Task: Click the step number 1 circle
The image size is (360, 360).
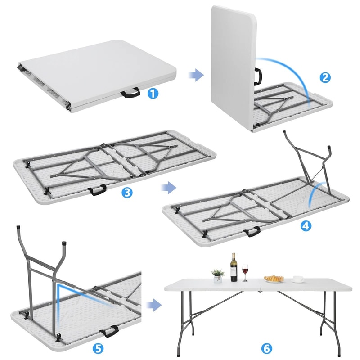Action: [153, 94]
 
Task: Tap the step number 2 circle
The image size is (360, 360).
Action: [326, 77]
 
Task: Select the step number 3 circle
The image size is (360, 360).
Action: [127, 193]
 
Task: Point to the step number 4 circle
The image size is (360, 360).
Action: [306, 226]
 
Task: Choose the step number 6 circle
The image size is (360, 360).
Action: [266, 348]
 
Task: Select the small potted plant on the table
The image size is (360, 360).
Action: [218, 275]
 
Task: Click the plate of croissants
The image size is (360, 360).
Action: [274, 279]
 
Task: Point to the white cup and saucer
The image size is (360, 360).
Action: [297, 279]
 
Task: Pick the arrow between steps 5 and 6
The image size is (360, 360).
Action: [154, 306]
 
